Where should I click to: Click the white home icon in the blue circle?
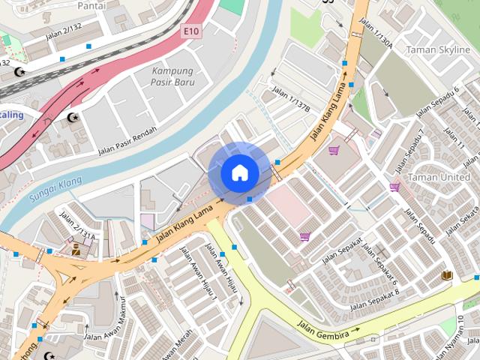pos(239,173)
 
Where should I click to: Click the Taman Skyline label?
pos(437,49)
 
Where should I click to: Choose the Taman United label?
pos(443,177)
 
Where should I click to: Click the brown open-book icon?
pos(447,276)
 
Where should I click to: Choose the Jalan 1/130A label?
pos(376,33)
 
